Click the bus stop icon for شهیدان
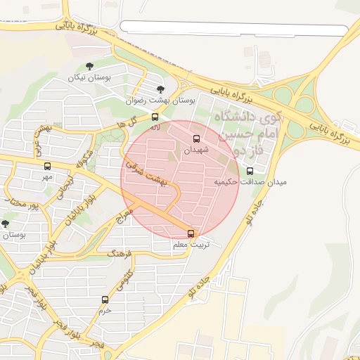tap(196, 139)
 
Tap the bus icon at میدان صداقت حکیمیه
tap(250, 171)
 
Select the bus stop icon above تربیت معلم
tap(191, 233)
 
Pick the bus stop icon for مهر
tap(47, 167)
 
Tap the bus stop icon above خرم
tap(105, 300)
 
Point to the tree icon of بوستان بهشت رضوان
tap(161, 89)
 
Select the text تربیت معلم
tap(190, 245)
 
